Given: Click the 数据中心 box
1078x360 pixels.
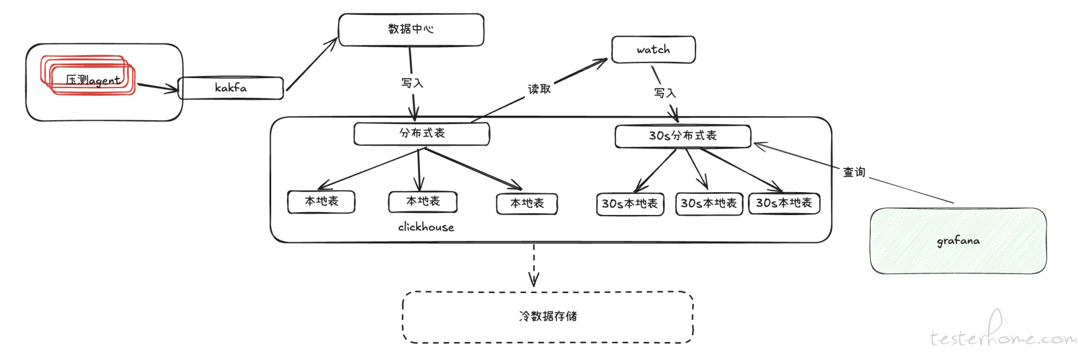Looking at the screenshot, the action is click(411, 30).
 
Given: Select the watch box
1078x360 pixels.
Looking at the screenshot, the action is click(654, 50).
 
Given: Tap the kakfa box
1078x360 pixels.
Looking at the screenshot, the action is click(231, 88).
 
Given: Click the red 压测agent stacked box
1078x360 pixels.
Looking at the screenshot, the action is click(88, 75).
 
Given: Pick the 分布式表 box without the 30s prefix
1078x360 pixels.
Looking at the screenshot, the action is click(422, 134).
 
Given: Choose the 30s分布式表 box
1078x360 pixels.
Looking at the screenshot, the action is click(683, 136).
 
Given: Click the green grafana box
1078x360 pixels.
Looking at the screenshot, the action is click(958, 241).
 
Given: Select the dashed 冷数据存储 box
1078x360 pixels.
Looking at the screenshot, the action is click(548, 317).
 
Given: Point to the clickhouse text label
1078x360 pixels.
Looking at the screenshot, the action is click(426, 227).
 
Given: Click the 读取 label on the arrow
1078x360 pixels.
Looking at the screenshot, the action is click(539, 89).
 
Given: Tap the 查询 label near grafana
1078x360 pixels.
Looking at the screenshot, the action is click(854, 172).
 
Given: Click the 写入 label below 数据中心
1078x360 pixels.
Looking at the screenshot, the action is click(412, 83).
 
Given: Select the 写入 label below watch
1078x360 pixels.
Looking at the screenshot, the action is click(665, 93).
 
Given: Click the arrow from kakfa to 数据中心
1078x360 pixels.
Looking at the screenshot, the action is click(312, 63).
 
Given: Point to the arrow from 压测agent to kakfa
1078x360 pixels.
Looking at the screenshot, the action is click(158, 88).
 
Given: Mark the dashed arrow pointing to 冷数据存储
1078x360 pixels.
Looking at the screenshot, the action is click(534, 265).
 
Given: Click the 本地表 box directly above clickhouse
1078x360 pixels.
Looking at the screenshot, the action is click(423, 202).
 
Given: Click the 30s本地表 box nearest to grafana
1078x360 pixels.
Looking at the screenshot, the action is click(784, 203).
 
